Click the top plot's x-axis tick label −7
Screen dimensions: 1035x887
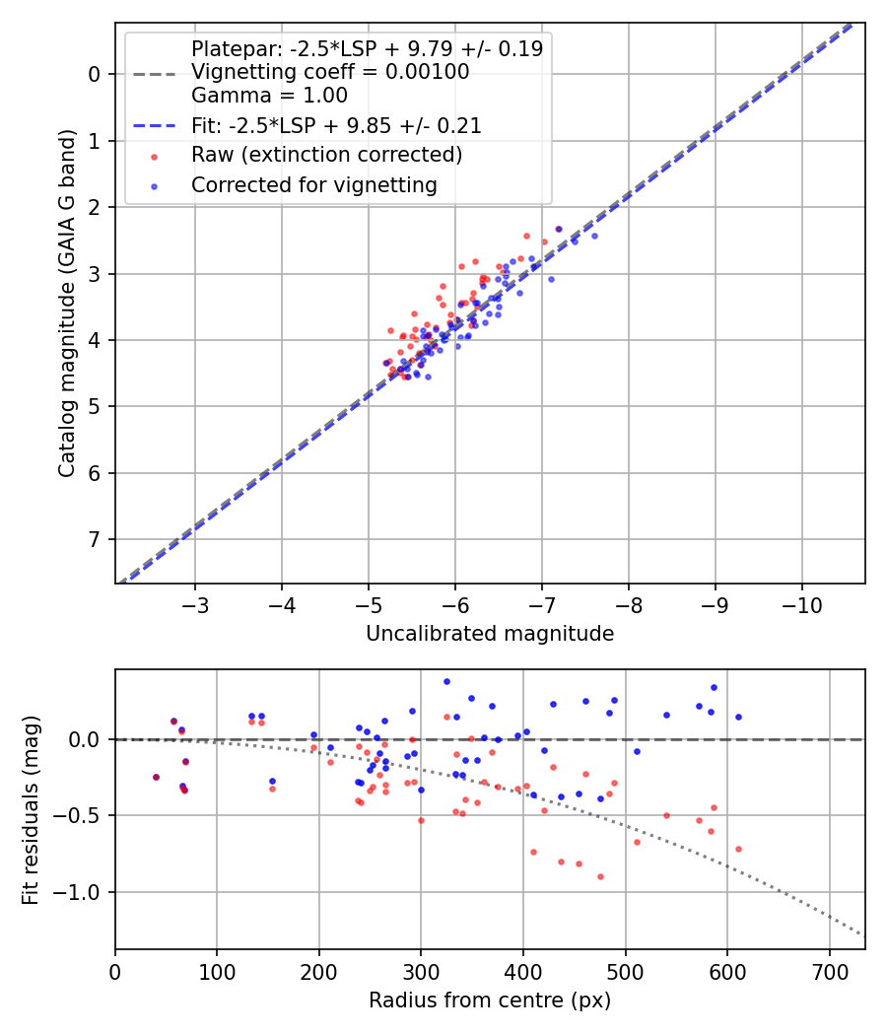pyautogui.click(x=541, y=602)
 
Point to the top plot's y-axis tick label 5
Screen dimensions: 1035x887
pyautogui.click(x=95, y=407)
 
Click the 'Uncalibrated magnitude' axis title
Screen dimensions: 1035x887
pyautogui.click(x=490, y=634)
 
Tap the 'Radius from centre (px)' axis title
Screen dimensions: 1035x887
pyautogui.click(x=490, y=1000)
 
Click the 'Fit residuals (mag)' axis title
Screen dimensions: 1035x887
pyautogui.click(x=32, y=809)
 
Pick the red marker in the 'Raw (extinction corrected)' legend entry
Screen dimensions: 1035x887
pyautogui.click(x=154, y=156)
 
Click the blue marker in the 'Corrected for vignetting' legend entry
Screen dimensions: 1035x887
pyautogui.click(x=154, y=185)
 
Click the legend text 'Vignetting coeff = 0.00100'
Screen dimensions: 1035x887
pyautogui.click(x=330, y=72)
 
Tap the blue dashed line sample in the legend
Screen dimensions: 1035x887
pyautogui.click(x=154, y=126)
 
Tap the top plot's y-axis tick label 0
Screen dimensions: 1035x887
pyautogui.click(x=95, y=74)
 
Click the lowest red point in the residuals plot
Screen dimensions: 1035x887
pyautogui.click(x=600, y=876)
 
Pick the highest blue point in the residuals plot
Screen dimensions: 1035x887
pyautogui.click(x=446, y=681)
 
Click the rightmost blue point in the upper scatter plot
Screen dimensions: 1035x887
pyautogui.click(x=594, y=236)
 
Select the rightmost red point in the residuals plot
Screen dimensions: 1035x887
pyautogui.click(x=738, y=849)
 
